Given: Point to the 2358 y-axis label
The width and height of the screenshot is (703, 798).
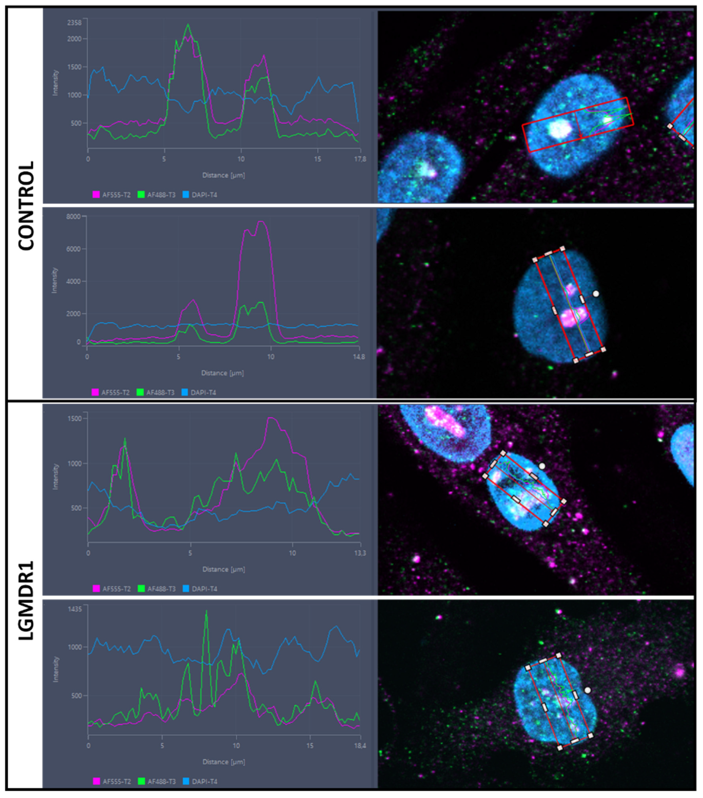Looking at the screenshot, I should click(x=74, y=23).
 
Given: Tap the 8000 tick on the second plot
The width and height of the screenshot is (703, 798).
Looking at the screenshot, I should click(x=73, y=217).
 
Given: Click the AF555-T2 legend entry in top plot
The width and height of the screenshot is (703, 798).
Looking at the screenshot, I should click(x=112, y=194).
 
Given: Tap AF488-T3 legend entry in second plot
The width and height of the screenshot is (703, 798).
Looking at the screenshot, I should click(x=156, y=392).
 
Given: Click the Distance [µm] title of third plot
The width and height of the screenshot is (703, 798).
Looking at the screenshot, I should click(x=223, y=569).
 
